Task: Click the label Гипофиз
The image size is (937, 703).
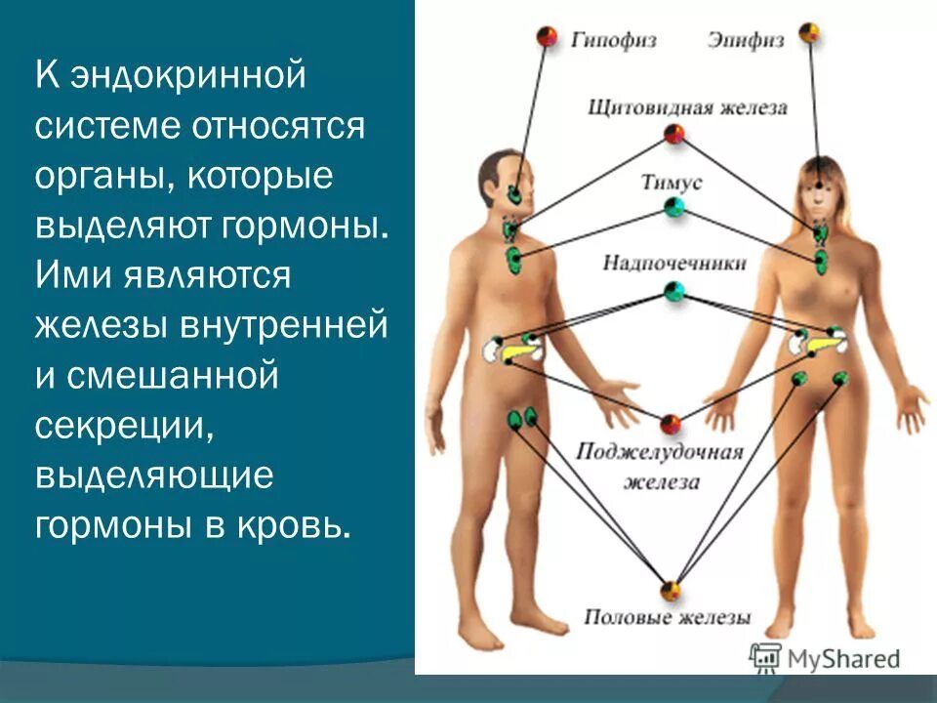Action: (614, 40)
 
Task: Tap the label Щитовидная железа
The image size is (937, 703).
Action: (687, 107)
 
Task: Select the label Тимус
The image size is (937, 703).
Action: (672, 182)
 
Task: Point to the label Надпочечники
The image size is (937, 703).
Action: (673, 263)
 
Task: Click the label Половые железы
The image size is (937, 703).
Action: (668, 617)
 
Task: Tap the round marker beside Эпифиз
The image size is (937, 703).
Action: (808, 33)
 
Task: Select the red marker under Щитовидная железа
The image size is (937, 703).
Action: (674, 134)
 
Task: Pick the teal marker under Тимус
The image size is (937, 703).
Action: (673, 207)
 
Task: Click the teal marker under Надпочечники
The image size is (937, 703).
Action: (673, 290)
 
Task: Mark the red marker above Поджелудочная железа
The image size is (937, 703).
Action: (670, 423)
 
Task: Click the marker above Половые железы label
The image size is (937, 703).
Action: (670, 591)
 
